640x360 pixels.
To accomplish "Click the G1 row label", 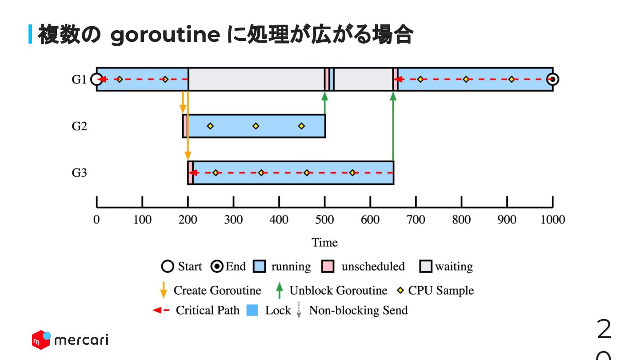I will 79,80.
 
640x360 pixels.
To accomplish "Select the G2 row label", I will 79,126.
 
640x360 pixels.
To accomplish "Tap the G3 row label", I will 79,173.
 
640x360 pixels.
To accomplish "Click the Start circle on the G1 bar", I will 96,80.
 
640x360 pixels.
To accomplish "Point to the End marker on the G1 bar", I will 552,80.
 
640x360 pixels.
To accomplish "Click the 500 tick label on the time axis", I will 324,220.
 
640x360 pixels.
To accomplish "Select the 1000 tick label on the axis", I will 552,220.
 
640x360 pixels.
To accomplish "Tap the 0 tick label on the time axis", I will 96,220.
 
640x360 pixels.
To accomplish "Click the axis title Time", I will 324,243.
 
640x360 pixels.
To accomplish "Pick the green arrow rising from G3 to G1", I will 393,129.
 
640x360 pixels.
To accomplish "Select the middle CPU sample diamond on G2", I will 256,126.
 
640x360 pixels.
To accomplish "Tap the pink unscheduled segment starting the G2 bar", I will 184,126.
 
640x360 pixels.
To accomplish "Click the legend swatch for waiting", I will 426,267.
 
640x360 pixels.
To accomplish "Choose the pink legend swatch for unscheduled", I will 328,267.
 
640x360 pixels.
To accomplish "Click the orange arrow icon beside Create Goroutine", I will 164,291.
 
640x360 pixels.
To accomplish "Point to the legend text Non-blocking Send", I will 358,310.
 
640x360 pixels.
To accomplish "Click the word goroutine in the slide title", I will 165,36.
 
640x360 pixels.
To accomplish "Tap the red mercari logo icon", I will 41,340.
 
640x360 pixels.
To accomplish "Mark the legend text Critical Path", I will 208,310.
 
